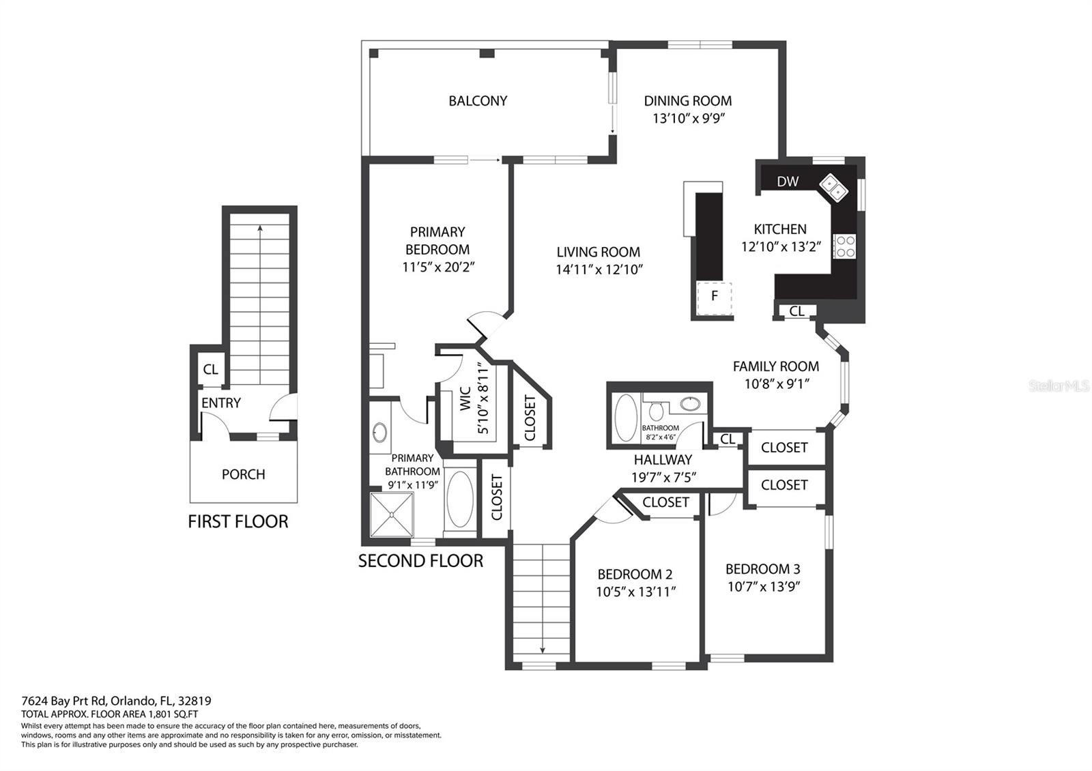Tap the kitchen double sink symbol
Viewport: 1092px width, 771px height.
(x=834, y=188)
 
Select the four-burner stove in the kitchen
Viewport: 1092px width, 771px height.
(x=844, y=246)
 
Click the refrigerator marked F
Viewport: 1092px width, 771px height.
(x=714, y=296)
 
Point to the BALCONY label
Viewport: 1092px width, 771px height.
(x=478, y=101)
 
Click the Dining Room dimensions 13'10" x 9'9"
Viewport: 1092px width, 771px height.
(x=688, y=118)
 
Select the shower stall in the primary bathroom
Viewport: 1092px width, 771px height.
(x=392, y=515)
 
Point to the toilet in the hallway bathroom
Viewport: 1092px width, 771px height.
(x=657, y=411)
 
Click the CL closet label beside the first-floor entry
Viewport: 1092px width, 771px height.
(x=210, y=369)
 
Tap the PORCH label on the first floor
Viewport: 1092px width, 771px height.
(x=243, y=474)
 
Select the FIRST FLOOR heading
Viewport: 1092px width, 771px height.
(x=238, y=522)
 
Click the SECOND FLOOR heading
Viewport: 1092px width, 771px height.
(x=420, y=562)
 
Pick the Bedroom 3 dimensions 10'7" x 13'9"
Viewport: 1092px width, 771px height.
(x=763, y=586)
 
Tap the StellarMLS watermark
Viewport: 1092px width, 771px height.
(x=1059, y=386)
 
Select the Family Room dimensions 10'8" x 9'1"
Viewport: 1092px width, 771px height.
(x=776, y=384)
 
